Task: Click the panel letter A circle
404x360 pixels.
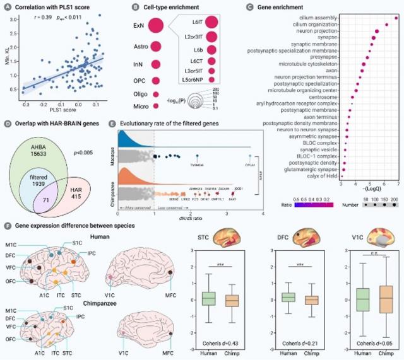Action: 6,6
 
